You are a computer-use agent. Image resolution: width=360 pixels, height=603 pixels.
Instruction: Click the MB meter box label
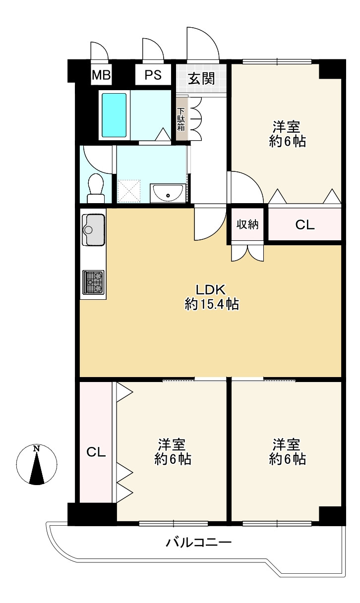pos(101,75)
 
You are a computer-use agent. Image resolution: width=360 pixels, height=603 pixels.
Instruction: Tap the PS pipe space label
pos(153,75)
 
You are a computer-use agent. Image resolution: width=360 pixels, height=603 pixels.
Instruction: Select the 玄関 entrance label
pos(201,79)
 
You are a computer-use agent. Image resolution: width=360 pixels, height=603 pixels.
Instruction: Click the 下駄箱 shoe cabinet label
pos(181,119)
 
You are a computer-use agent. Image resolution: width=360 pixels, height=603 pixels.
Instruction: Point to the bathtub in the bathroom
pos(114,115)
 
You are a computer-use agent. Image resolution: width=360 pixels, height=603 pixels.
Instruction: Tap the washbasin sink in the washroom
pos(168,193)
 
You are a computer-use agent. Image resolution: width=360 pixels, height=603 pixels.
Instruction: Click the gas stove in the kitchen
pos(93,282)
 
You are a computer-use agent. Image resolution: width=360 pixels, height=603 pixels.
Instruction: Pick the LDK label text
pos(210,290)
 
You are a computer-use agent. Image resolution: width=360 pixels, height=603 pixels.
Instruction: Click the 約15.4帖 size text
pos(212,304)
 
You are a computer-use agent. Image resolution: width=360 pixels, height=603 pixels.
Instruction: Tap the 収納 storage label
pos(247,224)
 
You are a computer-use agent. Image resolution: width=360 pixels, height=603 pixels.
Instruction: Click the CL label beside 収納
pos(305,225)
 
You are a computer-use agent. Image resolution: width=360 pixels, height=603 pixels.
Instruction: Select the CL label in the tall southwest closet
pos(96,452)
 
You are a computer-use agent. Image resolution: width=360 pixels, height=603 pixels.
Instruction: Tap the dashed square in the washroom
pos(129,191)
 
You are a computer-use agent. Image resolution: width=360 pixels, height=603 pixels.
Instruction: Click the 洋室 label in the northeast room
pos(287,127)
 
